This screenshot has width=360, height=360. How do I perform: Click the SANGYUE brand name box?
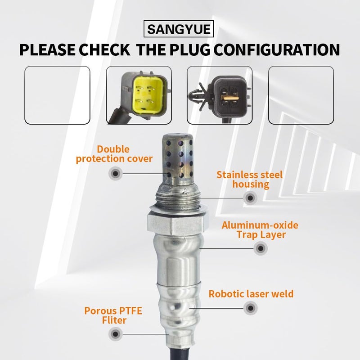tap(180, 30)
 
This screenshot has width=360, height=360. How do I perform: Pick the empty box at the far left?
tap(57, 95)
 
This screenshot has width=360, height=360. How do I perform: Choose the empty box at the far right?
tap(301, 95)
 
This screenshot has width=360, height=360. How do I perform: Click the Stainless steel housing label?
tap(249, 179)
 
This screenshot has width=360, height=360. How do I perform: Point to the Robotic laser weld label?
tap(251, 294)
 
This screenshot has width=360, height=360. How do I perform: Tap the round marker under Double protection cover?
tap(115, 173)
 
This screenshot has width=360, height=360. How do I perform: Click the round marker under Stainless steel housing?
tap(250, 197)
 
